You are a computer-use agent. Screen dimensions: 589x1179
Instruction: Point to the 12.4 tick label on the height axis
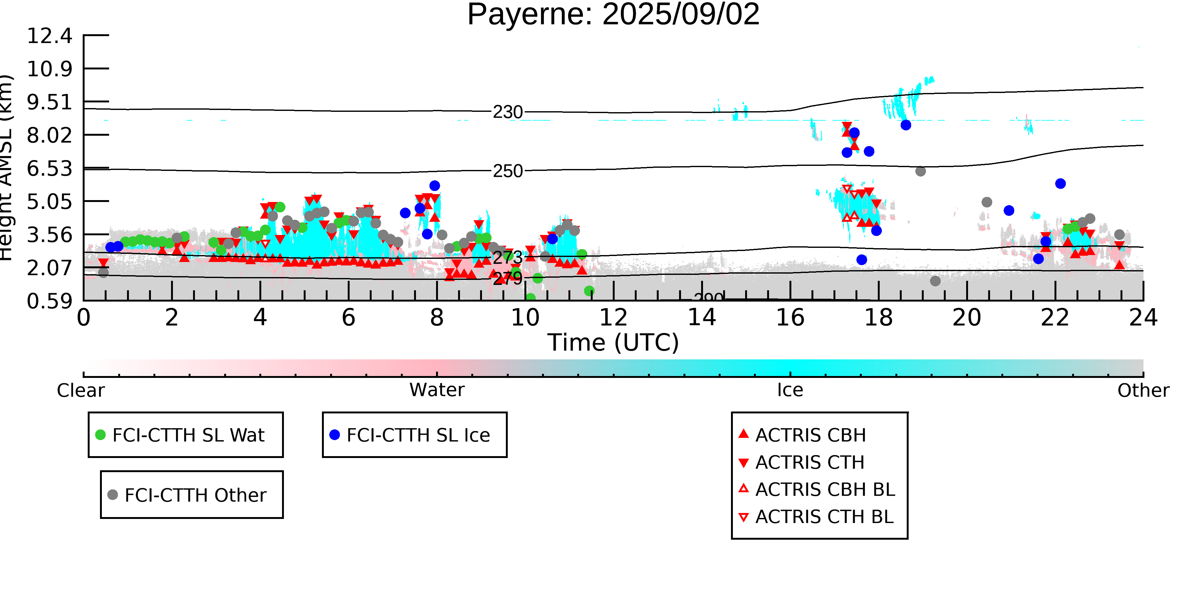(49, 36)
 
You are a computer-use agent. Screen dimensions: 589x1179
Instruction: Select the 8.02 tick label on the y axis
(49, 135)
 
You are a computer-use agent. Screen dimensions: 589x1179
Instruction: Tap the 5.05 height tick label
(49, 202)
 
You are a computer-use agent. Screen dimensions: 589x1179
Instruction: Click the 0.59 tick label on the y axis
(49, 301)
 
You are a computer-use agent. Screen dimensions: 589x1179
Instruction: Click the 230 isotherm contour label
(507, 112)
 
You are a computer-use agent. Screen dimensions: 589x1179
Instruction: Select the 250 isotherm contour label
(507, 171)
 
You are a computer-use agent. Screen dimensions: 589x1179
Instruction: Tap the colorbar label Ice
(790, 390)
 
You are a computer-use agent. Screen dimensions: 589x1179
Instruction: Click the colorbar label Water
(437, 390)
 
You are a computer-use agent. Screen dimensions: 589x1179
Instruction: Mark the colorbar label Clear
(80, 390)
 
